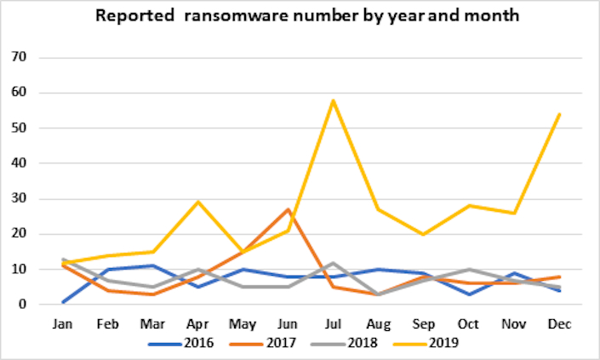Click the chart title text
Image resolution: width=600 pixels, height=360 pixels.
[300, 17]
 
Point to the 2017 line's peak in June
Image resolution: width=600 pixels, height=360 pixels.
[287, 209]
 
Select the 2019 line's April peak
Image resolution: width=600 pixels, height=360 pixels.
[197, 203]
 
